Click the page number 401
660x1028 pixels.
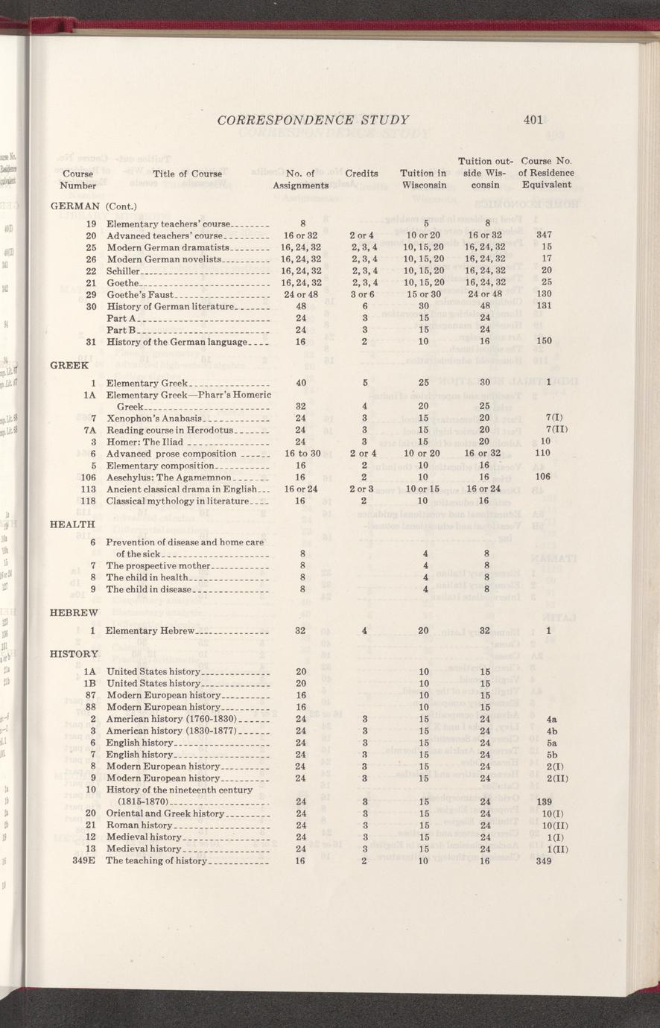click(533, 119)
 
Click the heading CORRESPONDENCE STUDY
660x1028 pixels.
click(313, 119)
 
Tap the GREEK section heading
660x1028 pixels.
click(68, 366)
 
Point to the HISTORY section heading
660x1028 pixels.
click(74, 654)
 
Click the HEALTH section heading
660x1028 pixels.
click(72, 524)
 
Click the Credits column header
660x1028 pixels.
click(361, 174)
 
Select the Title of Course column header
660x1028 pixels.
click(187, 174)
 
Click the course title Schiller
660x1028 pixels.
click(124, 270)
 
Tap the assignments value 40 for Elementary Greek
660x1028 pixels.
click(302, 383)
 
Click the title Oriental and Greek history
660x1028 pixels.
click(165, 813)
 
